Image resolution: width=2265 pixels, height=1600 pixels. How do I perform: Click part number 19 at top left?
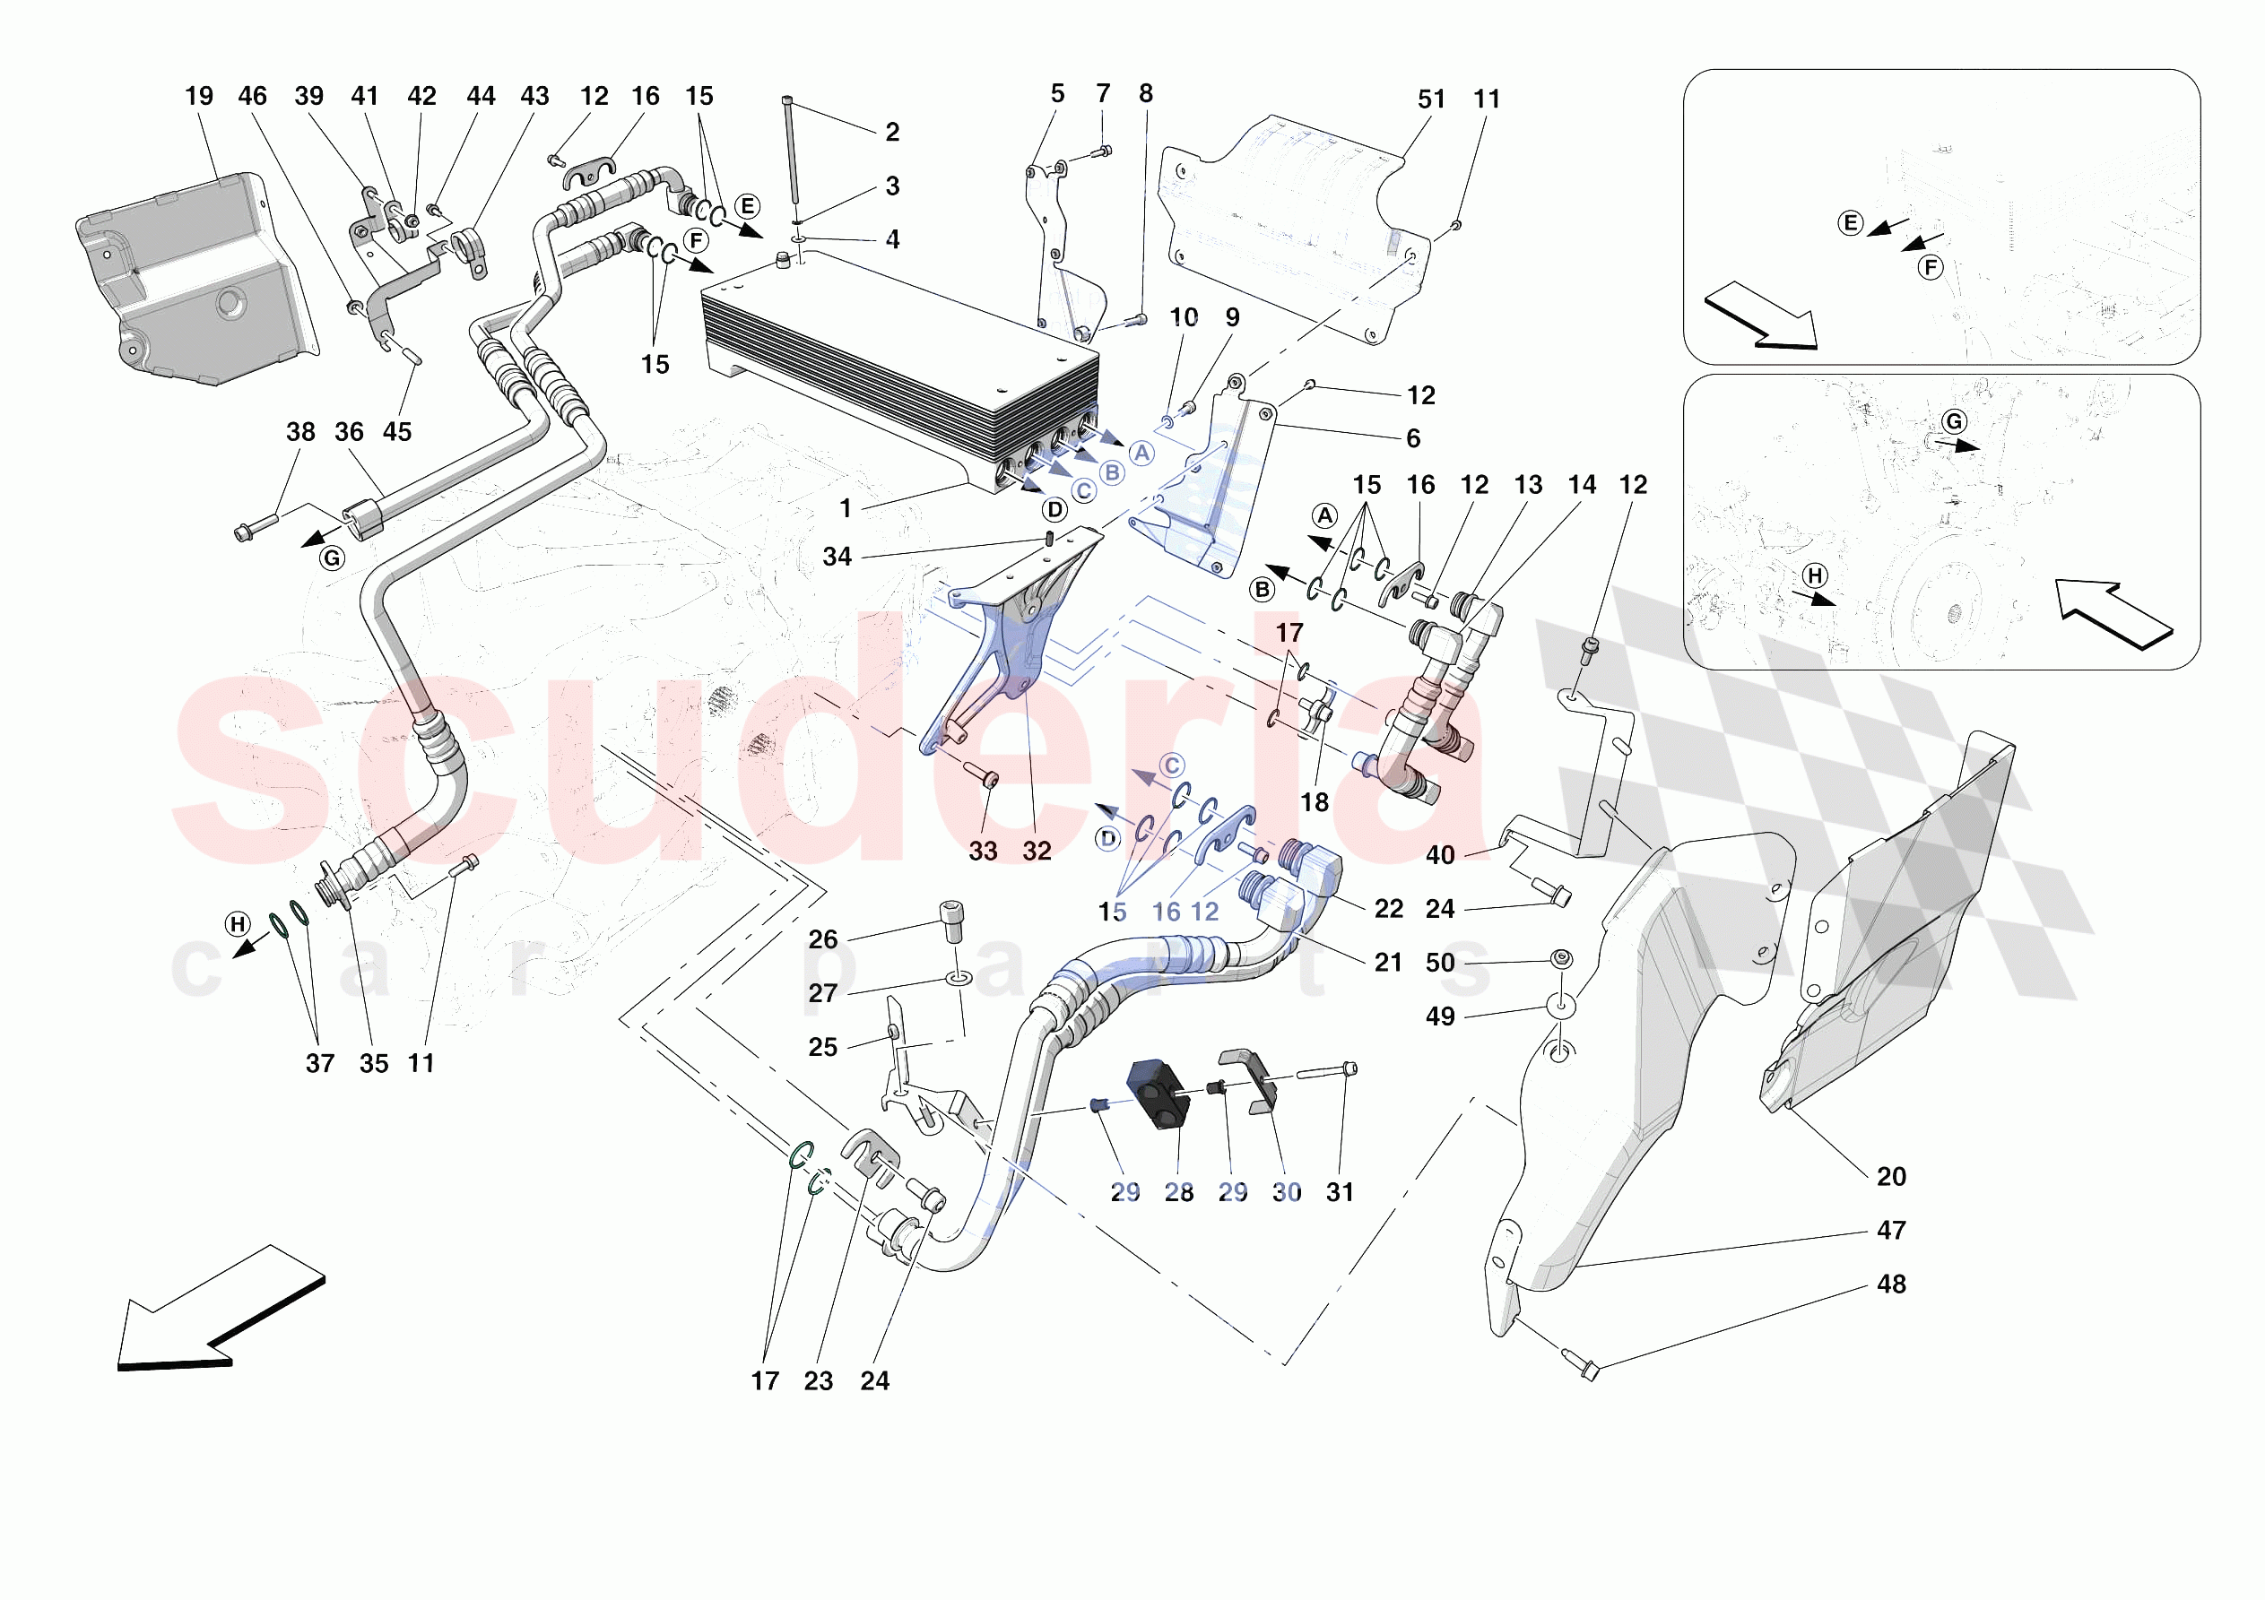198,96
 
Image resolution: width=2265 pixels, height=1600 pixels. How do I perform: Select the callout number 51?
1430,99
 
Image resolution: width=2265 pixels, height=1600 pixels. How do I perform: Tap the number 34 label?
837,558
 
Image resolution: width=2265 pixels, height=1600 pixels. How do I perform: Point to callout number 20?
1890,1176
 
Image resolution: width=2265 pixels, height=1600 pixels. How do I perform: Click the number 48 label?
1890,1284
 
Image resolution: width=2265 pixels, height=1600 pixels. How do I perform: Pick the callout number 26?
823,939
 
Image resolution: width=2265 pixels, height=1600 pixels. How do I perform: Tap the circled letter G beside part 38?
333,558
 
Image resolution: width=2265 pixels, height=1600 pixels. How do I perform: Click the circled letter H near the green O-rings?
238,924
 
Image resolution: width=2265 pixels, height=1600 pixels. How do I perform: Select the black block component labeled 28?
1159,1093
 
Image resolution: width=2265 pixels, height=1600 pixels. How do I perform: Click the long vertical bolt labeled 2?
790,158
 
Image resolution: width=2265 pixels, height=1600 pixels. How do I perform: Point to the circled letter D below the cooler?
1054,510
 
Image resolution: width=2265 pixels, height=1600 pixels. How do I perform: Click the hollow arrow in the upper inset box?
1761,316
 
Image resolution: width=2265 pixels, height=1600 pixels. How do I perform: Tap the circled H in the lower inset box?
1814,575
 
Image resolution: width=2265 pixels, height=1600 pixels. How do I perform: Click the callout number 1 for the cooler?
846,508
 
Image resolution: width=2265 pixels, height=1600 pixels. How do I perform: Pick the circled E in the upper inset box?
1851,223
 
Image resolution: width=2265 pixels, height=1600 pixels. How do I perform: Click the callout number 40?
1439,855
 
